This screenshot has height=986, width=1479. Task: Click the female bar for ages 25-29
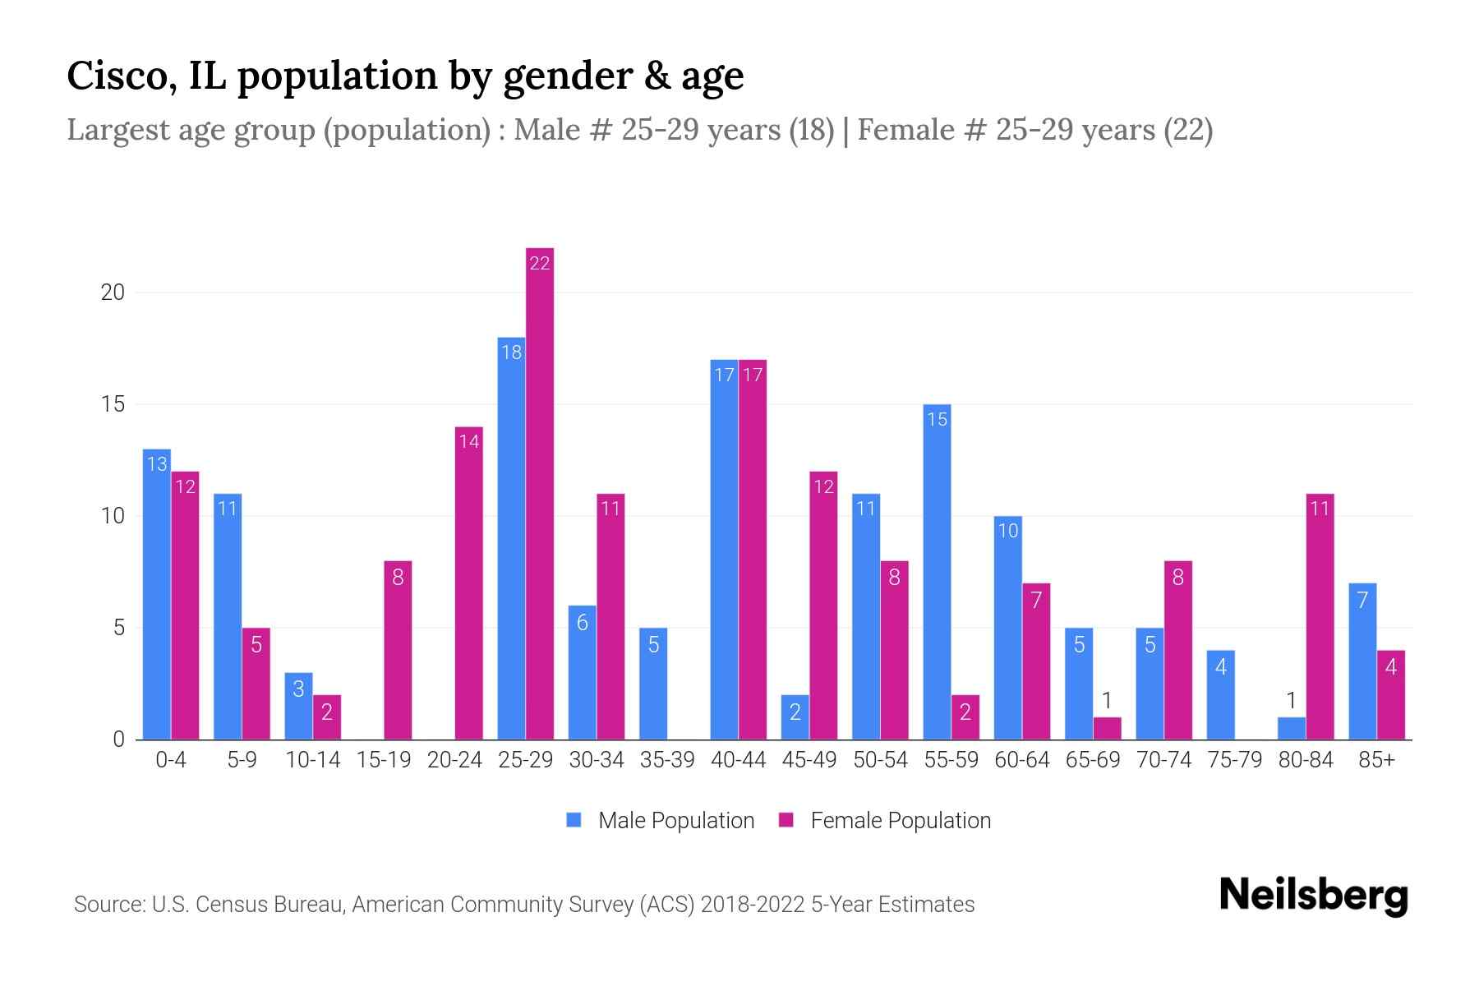coord(540,493)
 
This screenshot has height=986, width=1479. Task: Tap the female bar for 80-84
coord(1320,616)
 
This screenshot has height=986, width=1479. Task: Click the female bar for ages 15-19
coord(398,650)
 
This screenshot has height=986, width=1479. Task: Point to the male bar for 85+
coord(1362,661)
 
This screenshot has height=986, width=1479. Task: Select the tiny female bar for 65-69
coord(1107,728)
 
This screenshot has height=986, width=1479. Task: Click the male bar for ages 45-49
coord(795,717)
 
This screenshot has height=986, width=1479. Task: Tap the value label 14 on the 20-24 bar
coord(469,441)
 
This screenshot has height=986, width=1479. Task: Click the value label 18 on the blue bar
coord(511,352)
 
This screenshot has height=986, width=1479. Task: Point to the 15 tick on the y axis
coord(112,404)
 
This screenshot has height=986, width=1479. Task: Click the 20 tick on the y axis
coord(112,293)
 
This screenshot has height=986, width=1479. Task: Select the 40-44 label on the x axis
coord(738,760)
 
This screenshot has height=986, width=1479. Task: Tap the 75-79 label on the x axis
coord(1234,760)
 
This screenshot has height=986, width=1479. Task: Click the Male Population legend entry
coord(661,820)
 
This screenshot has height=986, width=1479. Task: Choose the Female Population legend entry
coord(885,820)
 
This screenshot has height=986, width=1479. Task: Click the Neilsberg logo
coord(1313,896)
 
